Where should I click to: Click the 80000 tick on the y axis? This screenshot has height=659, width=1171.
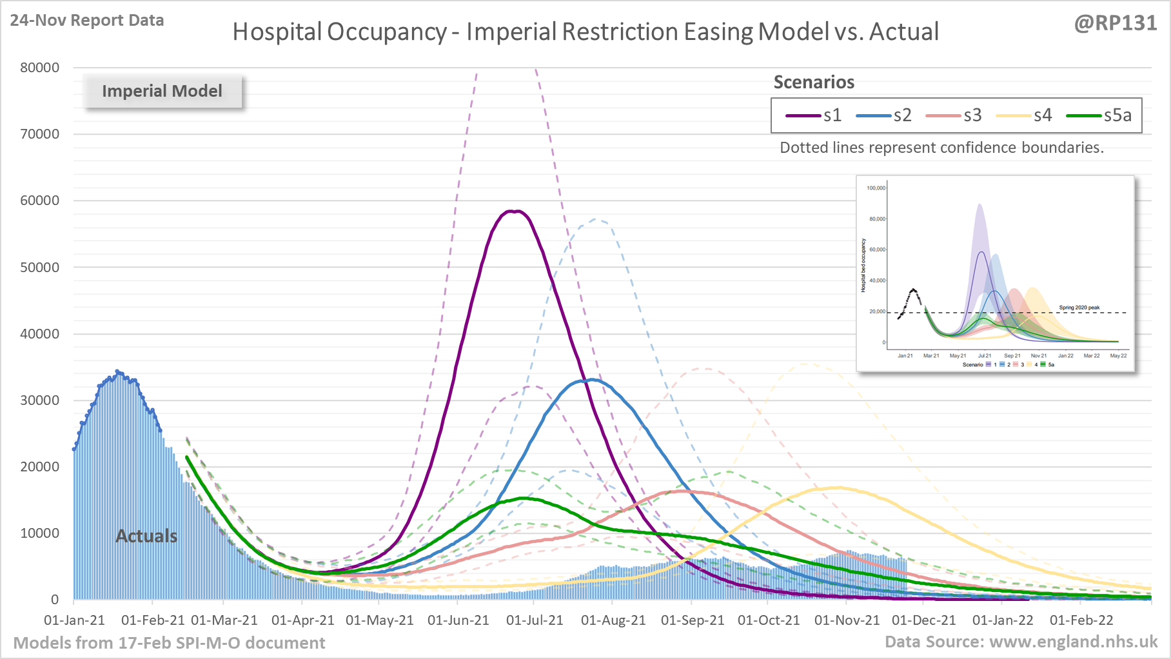(39, 68)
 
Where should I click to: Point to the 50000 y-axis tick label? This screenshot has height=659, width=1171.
(39, 268)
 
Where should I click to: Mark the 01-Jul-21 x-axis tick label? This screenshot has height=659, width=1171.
(535, 620)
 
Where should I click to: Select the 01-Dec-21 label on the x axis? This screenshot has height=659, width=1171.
(923, 620)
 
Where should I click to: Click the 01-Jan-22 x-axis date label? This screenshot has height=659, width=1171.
(1003, 620)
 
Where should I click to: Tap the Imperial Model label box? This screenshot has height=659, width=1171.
(162, 91)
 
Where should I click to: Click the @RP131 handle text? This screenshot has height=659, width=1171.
(1115, 23)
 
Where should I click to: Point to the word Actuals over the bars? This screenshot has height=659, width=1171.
(146, 536)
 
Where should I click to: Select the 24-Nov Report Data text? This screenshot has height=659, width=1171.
(87, 21)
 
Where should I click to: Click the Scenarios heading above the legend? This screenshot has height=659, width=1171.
(814, 83)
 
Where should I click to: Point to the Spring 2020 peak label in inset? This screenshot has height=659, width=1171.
(1079, 308)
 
